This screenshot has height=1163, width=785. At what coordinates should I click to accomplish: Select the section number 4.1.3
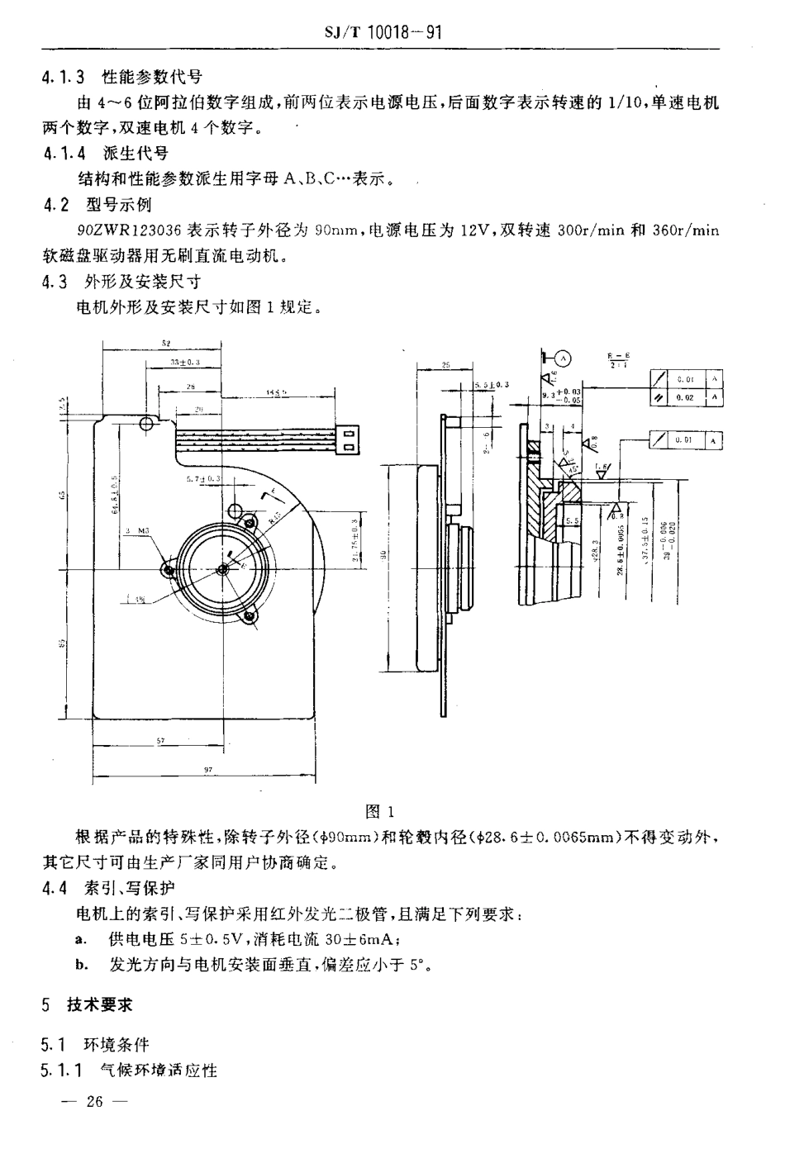point(64,78)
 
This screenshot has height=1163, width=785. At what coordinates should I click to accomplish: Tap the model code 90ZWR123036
point(131,231)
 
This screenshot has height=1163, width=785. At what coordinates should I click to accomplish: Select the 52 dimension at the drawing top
point(166,342)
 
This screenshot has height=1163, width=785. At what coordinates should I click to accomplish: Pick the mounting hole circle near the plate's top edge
point(147,424)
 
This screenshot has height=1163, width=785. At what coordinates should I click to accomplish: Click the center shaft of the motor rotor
point(223,569)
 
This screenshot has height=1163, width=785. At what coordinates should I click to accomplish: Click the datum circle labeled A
point(563,358)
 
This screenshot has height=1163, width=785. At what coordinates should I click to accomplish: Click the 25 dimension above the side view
point(445,364)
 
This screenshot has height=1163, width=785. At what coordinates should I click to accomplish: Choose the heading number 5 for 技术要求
point(47,1004)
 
